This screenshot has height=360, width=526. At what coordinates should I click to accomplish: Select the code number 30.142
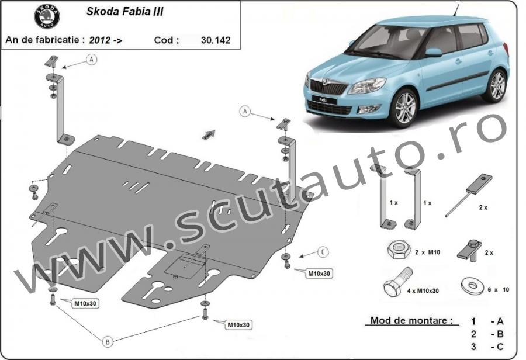pos(215,40)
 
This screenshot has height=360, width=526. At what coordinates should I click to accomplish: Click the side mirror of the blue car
pos(433,53)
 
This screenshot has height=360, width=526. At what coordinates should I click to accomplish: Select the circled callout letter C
pos(323,252)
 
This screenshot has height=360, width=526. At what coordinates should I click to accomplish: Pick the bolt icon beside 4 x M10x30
pos(396,283)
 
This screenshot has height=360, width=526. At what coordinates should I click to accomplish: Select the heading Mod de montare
pos(411,320)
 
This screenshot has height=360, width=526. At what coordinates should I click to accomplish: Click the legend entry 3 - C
pos(486,347)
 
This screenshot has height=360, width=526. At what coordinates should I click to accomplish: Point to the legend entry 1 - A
pos(486,321)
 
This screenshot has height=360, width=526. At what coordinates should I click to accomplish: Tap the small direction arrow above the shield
pos(208,135)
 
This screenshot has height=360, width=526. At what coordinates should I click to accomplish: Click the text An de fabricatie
pos(44,40)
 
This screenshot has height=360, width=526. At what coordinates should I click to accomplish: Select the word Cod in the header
pos(166,40)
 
